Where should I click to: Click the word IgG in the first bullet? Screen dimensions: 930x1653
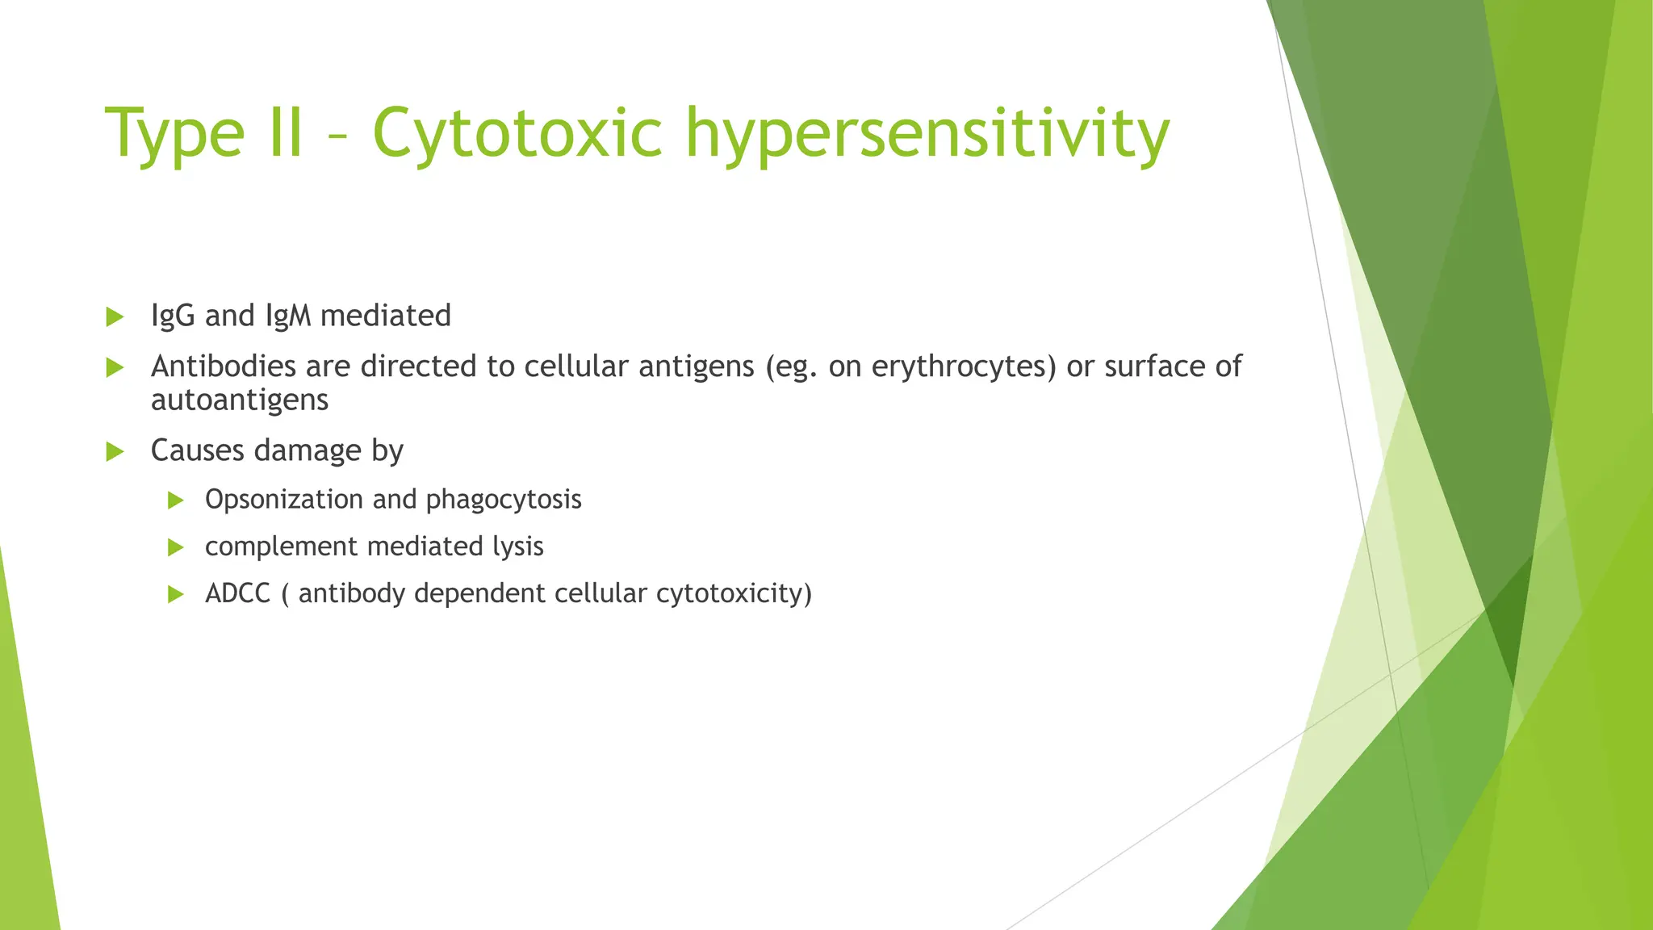[x=173, y=316]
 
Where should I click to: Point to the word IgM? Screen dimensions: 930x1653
[x=288, y=316]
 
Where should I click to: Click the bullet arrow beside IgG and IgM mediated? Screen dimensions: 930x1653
[x=115, y=316]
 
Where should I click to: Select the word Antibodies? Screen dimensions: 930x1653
[x=223, y=367]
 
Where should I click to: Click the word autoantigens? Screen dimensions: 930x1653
[x=240, y=400]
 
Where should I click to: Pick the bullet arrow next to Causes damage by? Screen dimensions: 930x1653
[x=115, y=451]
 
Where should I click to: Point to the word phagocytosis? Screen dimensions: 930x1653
[x=504, y=500]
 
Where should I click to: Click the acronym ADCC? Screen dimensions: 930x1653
[x=237, y=593]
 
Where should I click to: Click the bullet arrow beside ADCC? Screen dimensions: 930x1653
[x=176, y=595]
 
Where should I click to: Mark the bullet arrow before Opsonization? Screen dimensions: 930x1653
[x=176, y=501]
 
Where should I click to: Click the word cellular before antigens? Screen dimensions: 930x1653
[x=576, y=367]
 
